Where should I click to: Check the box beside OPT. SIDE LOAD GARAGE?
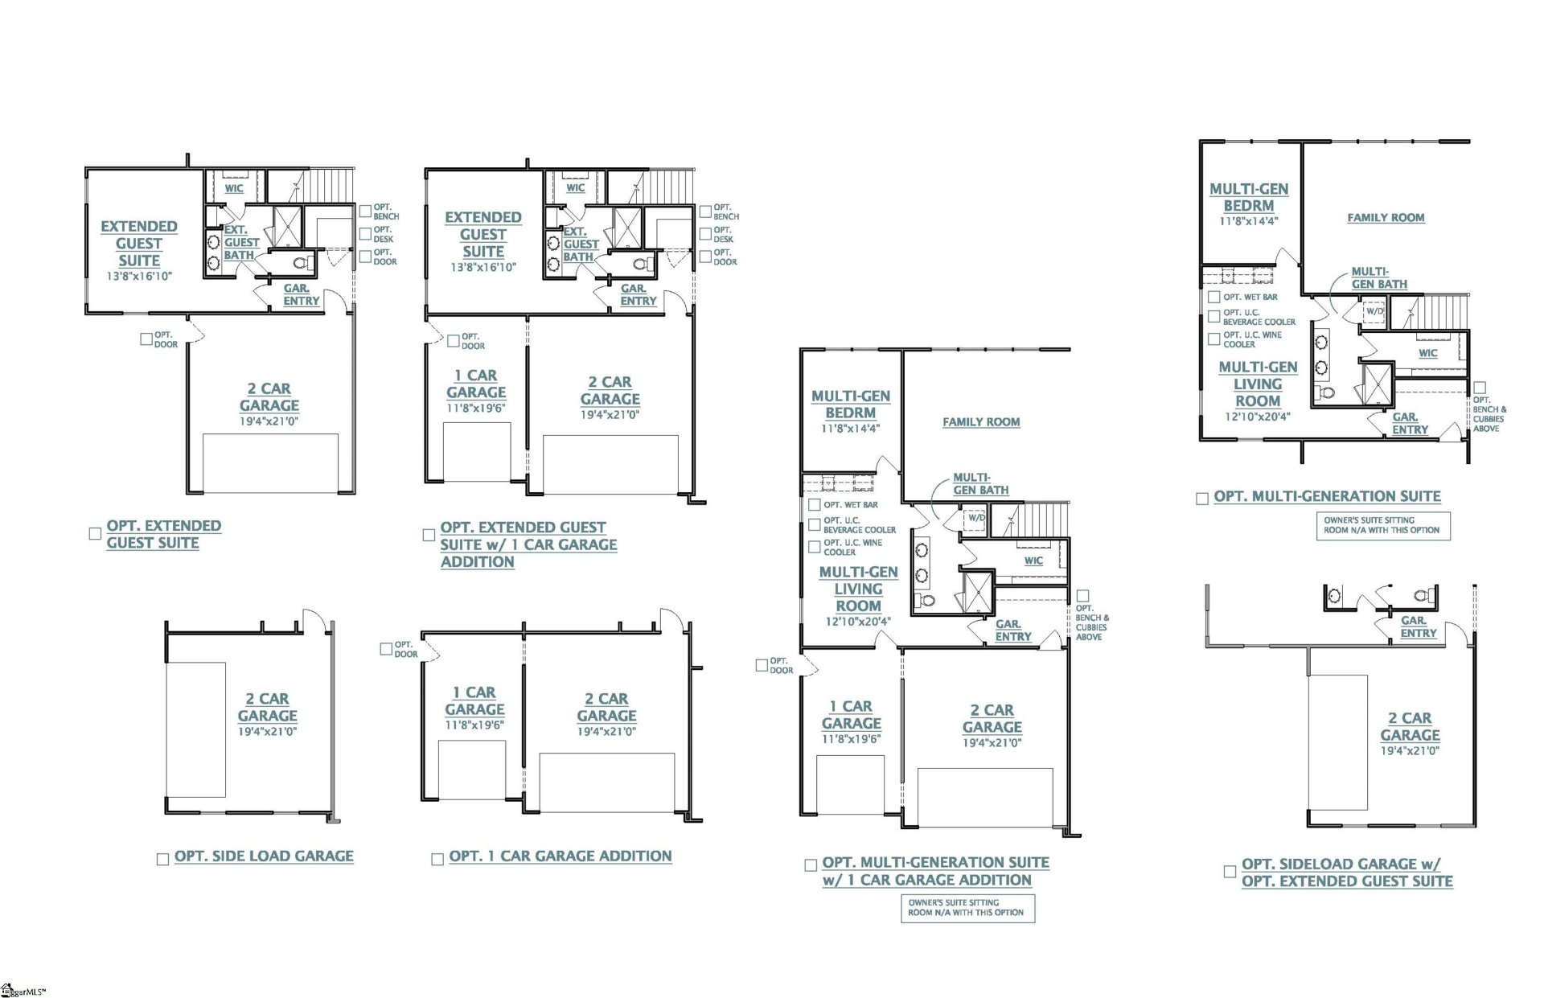click(162, 860)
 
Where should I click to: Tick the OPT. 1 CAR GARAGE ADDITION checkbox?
click(437, 860)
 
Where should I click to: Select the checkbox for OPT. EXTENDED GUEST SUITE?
click(95, 534)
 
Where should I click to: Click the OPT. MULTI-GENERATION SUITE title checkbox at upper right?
click(1202, 499)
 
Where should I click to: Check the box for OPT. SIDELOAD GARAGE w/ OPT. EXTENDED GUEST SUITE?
click(1230, 872)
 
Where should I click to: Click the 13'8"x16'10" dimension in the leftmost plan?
click(139, 277)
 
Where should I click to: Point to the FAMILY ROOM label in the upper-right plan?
click(1386, 218)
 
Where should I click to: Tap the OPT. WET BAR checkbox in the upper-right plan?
click(1214, 297)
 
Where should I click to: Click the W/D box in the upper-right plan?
click(1374, 311)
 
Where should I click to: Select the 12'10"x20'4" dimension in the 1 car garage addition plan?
click(858, 622)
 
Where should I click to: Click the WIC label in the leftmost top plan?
click(234, 189)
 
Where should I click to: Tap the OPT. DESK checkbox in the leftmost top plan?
click(365, 234)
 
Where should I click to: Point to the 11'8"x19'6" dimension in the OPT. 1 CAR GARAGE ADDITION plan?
click(474, 725)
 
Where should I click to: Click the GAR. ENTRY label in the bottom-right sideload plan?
click(1418, 627)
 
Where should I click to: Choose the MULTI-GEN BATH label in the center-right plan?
click(980, 484)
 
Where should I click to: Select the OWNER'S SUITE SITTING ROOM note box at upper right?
click(1382, 525)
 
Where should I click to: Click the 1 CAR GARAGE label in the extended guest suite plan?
click(476, 384)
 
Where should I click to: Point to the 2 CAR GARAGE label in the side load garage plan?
click(267, 707)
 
